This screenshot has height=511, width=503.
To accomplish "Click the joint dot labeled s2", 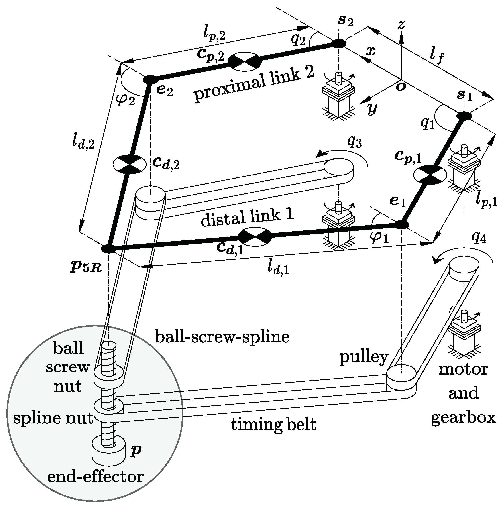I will (338, 44).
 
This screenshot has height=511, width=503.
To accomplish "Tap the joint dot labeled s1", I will (464, 116).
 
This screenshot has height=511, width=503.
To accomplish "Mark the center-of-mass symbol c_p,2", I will (244, 61).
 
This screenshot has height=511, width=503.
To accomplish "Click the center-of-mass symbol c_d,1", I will (255, 235).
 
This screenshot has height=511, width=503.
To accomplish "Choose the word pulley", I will (364, 357).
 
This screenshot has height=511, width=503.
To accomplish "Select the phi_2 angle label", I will (125, 100).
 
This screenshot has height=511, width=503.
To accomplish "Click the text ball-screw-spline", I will (222, 337).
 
